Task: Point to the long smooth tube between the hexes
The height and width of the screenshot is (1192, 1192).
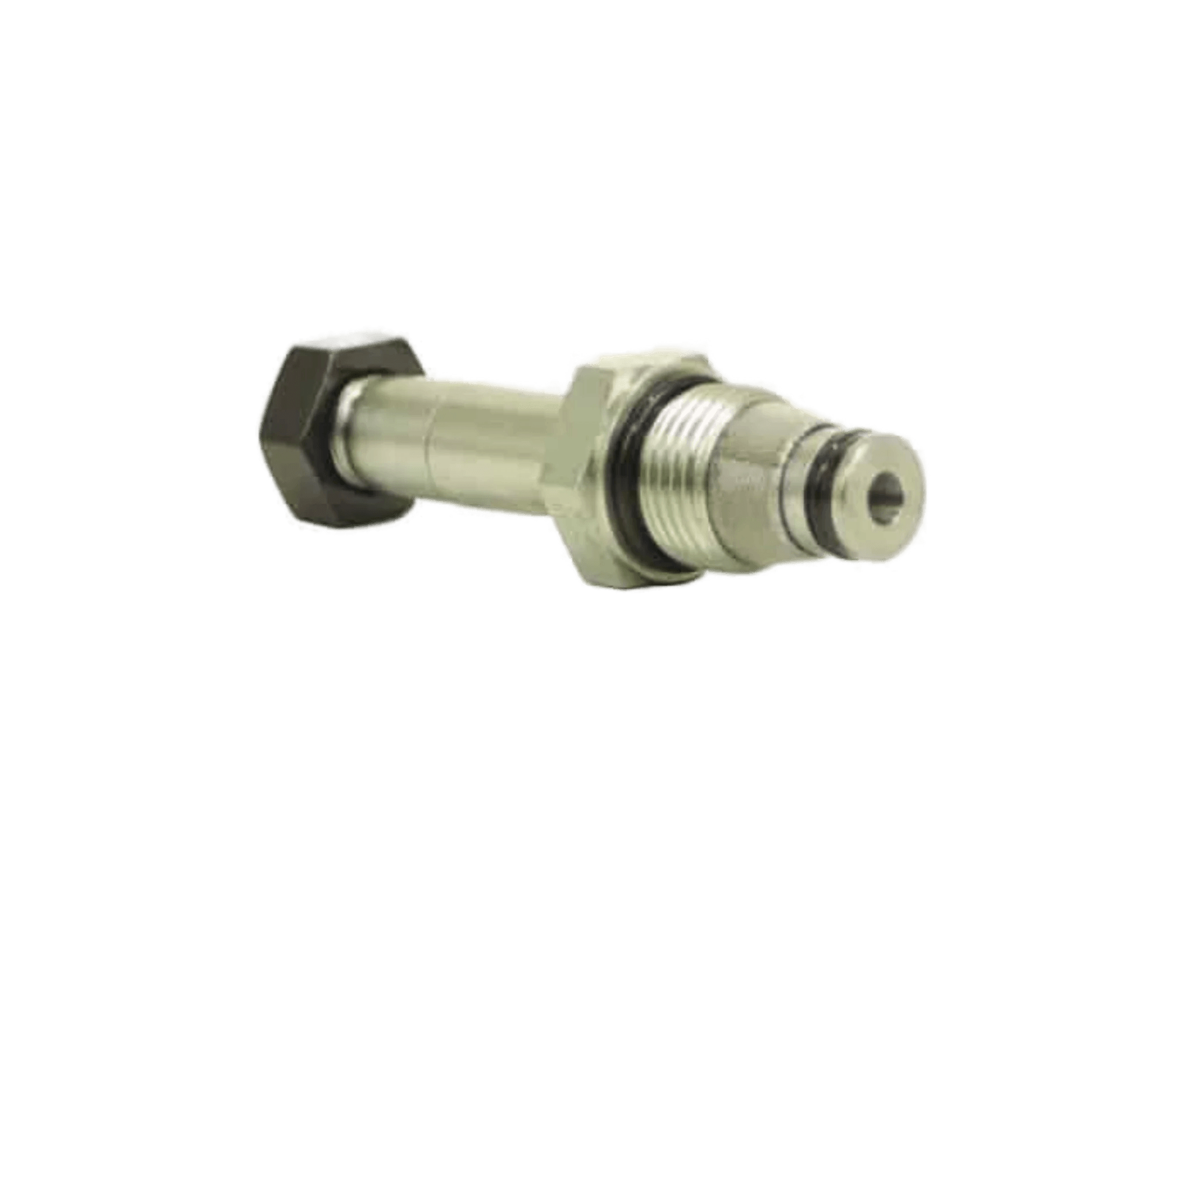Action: click(481, 438)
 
